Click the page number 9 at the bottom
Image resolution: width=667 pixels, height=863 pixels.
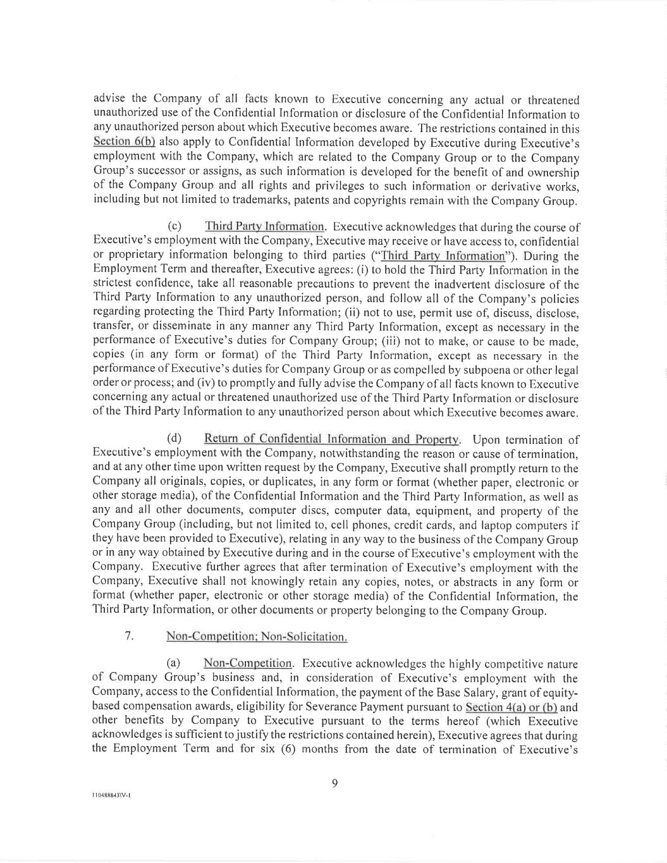click(334, 784)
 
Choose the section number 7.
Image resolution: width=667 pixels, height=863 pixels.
click(129, 636)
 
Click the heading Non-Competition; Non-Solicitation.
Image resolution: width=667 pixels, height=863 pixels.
click(256, 637)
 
